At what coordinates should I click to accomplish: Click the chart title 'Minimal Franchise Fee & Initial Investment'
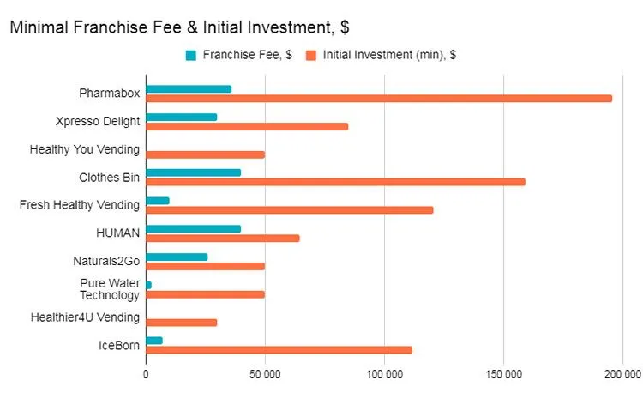(178, 27)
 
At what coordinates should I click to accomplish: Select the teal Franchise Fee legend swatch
(190, 56)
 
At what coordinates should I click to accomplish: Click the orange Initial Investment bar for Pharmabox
(379, 99)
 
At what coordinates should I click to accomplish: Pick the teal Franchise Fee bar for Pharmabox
(189, 89)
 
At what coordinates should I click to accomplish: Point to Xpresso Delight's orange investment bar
(247, 126)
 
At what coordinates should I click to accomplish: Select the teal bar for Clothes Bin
(193, 172)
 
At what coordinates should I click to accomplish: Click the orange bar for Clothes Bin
(335, 182)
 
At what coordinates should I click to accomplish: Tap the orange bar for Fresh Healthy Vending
(289, 210)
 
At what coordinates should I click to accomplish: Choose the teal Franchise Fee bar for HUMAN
(193, 228)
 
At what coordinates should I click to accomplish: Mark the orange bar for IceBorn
(279, 349)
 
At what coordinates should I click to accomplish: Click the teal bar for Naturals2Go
(177, 257)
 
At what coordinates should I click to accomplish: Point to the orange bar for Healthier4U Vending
(181, 323)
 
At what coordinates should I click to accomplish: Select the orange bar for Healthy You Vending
(205, 154)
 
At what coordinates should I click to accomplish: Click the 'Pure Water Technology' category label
(110, 289)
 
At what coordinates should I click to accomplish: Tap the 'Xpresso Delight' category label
(97, 121)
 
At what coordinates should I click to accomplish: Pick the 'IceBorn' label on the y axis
(118, 345)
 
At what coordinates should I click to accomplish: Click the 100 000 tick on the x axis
(384, 374)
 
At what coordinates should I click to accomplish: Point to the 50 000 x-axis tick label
(265, 374)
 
